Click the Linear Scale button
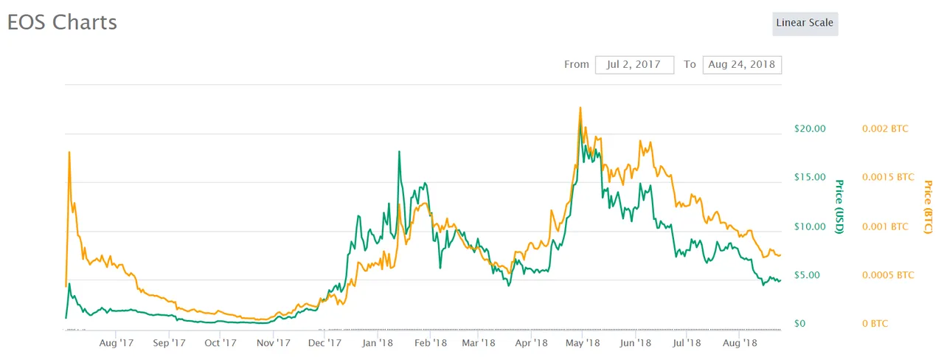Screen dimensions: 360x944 click(x=805, y=23)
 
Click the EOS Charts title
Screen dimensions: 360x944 click(x=62, y=22)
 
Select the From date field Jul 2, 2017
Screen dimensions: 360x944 click(x=634, y=64)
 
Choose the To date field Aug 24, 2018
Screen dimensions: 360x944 click(x=741, y=64)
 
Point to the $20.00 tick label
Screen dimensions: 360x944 click(x=810, y=128)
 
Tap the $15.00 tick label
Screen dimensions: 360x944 click(x=810, y=177)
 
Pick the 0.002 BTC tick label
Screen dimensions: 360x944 click(x=885, y=128)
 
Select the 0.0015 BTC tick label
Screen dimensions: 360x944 click(x=888, y=177)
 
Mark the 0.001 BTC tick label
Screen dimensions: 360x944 click(x=885, y=226)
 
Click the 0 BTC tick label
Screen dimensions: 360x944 click(x=876, y=324)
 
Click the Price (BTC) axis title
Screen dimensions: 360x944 click(x=928, y=208)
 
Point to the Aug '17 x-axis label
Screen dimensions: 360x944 click(x=116, y=343)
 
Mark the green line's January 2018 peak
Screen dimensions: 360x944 click(x=399, y=151)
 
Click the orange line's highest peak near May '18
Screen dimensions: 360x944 click(x=580, y=108)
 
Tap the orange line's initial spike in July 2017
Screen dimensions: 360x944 click(x=69, y=152)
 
